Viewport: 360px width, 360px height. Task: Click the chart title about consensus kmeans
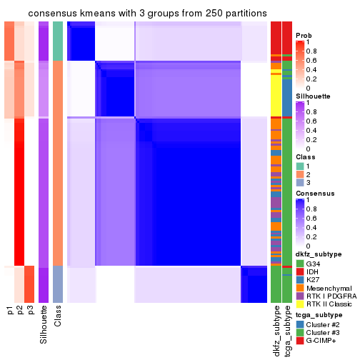pyautogui.click(x=137, y=14)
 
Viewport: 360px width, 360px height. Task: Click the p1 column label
pyautogui.click(x=10, y=311)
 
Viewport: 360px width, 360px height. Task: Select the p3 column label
pyautogui.click(x=30, y=311)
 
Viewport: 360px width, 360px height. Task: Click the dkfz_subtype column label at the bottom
pyautogui.click(x=276, y=331)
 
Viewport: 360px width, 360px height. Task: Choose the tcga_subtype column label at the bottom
pyautogui.click(x=286, y=331)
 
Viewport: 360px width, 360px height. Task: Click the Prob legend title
pyautogui.click(x=304, y=36)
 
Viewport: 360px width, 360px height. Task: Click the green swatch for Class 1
pyautogui.click(x=300, y=166)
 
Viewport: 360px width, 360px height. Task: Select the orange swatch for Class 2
pyautogui.click(x=300, y=175)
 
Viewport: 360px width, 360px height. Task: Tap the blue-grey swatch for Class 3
pyautogui.click(x=300, y=184)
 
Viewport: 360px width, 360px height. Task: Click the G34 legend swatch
pyautogui.click(x=300, y=264)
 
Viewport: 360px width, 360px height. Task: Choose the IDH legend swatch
pyautogui.click(x=300, y=272)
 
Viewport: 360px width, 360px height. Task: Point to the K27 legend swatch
pyautogui.click(x=300, y=281)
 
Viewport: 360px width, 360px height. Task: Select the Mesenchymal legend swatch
pyautogui.click(x=300, y=289)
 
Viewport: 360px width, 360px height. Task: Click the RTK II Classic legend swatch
pyautogui.click(x=300, y=306)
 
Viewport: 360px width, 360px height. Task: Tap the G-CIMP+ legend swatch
pyautogui.click(x=300, y=341)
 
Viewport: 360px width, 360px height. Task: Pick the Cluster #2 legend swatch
pyautogui.click(x=300, y=324)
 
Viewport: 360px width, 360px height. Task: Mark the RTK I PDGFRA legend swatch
pyautogui.click(x=300, y=298)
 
